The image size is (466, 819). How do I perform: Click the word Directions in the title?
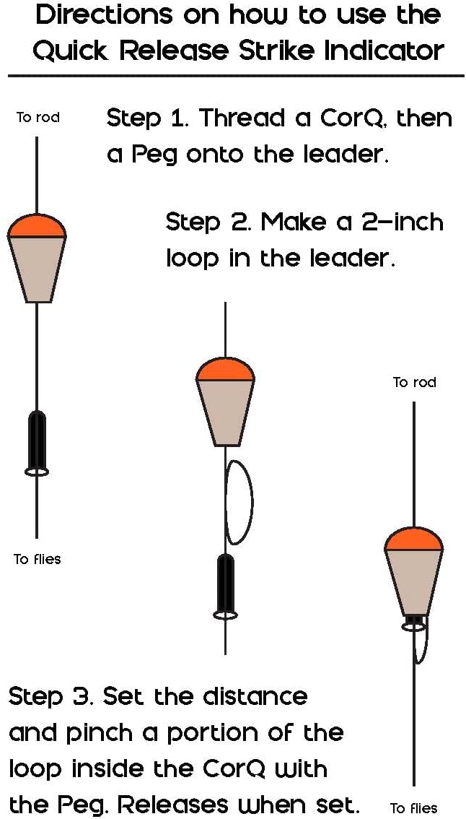105,17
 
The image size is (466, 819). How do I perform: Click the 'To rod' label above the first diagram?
38,118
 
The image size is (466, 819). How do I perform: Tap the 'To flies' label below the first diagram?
37,560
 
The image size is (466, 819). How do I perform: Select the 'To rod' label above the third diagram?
414,382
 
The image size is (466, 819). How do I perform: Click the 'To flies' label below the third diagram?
414,809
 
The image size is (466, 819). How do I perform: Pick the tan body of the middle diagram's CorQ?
225,412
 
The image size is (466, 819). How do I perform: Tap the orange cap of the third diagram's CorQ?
414,540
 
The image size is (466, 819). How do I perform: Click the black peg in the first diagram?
37,441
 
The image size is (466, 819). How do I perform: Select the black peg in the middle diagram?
225,585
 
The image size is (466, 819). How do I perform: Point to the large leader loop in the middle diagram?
252,501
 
